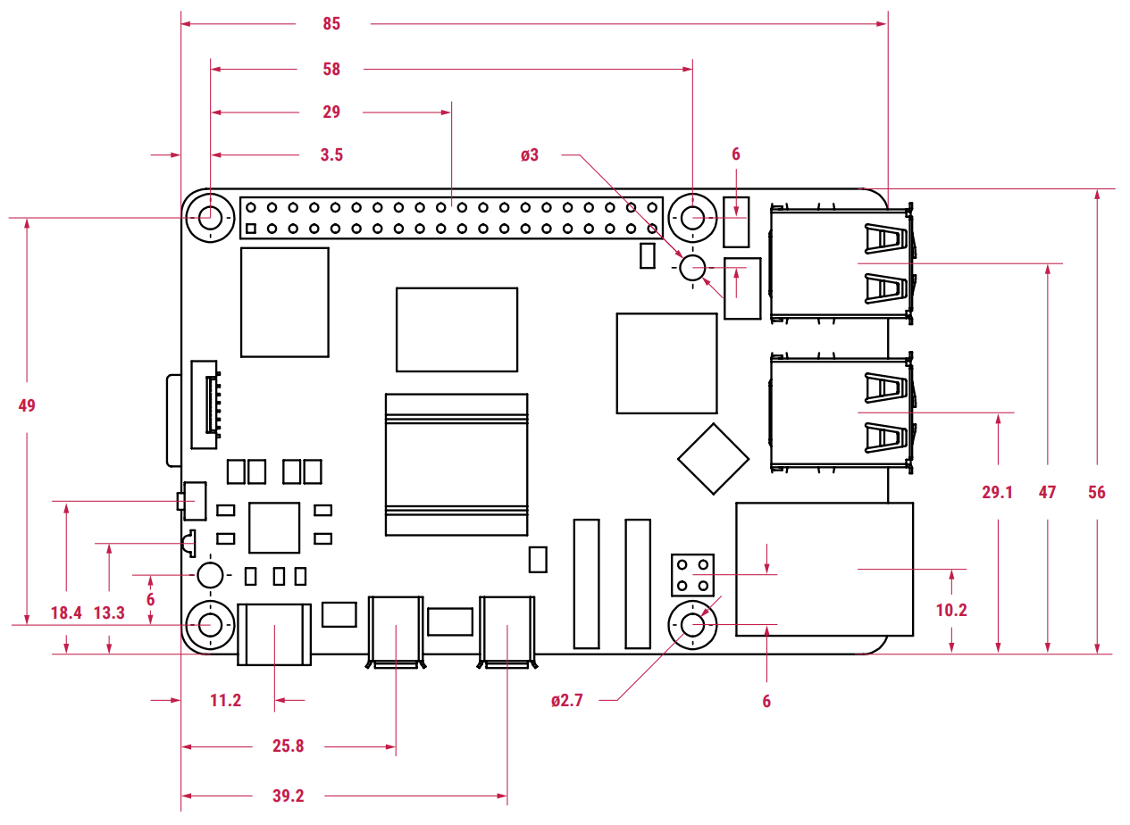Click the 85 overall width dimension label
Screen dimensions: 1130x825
[331, 24]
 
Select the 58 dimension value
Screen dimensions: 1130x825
[331, 69]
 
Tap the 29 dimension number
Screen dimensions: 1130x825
[331, 112]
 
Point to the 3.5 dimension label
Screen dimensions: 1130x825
[331, 154]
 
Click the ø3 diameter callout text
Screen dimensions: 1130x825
[530, 154]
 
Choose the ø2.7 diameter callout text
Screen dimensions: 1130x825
[567, 700]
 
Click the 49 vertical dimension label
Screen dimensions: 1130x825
[27, 405]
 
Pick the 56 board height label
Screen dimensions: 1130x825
[1097, 492]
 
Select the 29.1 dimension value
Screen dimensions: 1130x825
[997, 492]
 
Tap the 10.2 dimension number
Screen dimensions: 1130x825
[951, 610]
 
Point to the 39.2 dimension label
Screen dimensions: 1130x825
[288, 796]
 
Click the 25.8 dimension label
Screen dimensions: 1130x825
[288, 746]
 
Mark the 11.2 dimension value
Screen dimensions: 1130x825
[225, 700]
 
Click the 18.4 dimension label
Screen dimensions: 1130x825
[66, 612]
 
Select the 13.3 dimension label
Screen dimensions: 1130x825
[109, 612]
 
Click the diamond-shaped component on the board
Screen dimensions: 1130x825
[714, 459]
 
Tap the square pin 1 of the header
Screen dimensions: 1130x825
[251, 229]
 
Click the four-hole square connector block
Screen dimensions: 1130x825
[692, 575]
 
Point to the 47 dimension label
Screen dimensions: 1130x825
[1047, 492]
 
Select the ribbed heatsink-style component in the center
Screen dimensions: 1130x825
[456, 464]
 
